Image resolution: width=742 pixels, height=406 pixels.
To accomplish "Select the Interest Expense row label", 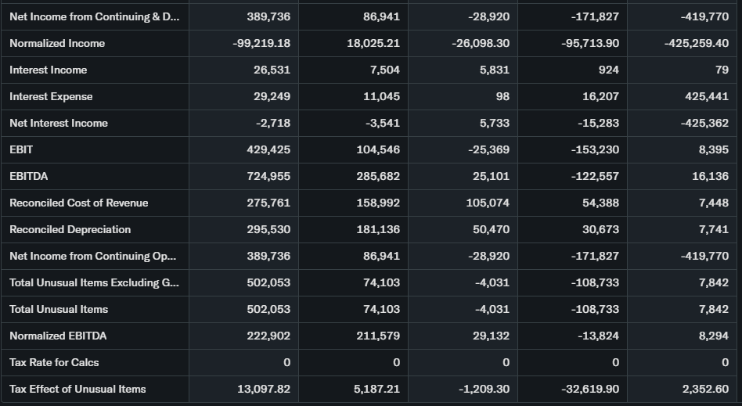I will (x=51, y=96).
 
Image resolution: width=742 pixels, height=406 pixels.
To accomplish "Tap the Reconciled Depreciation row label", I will (x=70, y=229).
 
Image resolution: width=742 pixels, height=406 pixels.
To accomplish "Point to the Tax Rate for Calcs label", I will (x=54, y=362).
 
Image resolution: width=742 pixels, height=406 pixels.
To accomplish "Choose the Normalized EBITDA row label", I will (x=58, y=336).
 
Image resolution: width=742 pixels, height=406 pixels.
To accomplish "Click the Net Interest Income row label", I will (x=59, y=123).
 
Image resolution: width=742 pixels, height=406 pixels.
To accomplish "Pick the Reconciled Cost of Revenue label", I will (x=78, y=203).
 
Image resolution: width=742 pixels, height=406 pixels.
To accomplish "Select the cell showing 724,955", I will (x=268, y=176).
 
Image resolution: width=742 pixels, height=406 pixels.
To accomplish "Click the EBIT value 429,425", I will (x=268, y=149).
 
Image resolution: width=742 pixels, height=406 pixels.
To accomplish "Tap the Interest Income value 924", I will (x=608, y=70).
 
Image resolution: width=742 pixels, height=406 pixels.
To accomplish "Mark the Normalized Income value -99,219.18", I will (x=261, y=43).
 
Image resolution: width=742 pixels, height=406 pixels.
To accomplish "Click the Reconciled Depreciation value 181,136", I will (x=378, y=229).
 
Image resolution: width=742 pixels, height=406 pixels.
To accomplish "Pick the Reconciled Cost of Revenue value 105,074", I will (x=488, y=203).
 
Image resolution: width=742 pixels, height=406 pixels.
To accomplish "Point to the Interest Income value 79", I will (x=722, y=70).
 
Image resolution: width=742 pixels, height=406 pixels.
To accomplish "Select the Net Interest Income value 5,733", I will (x=493, y=123).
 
